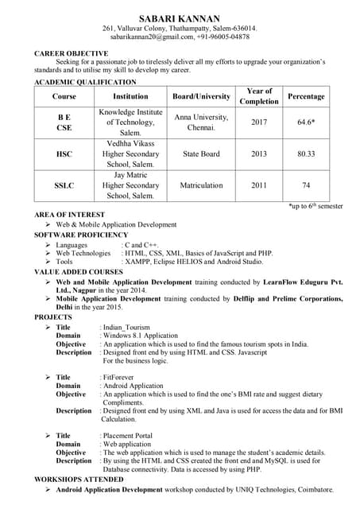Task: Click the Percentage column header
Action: pos(306,96)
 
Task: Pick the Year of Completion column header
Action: pos(259,96)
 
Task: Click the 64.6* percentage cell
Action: pos(306,122)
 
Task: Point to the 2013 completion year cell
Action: pos(259,153)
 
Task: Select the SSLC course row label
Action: pos(64,185)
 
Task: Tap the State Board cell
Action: pos(201,153)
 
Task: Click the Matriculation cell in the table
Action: pos(201,185)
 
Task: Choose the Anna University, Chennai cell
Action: pos(201,122)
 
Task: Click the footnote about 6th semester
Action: pos(315,206)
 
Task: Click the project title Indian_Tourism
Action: pos(127,328)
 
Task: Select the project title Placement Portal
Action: pos(127,435)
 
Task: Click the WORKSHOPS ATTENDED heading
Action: pos(79,480)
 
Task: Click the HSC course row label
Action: pos(64,153)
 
